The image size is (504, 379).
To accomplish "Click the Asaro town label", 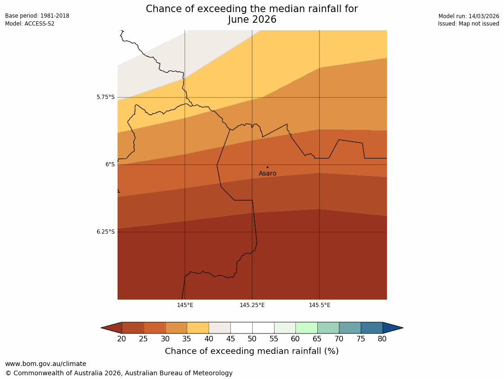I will pyautogui.click(x=268, y=174).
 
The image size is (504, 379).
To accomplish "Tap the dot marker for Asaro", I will pyautogui.click(x=268, y=167).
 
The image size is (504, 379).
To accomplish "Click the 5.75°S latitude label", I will pyautogui.click(x=105, y=97).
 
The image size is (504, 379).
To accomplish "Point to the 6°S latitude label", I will pyautogui.click(x=110, y=164).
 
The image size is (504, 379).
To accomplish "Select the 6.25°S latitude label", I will pyautogui.click(x=105, y=232).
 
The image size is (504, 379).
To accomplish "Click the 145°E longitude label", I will pyautogui.click(x=185, y=305).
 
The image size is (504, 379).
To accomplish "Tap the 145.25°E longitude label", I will pyautogui.click(x=252, y=305).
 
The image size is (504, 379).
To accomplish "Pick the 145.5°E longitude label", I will pyautogui.click(x=320, y=305).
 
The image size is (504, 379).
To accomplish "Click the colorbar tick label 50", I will pyautogui.click(x=252, y=339).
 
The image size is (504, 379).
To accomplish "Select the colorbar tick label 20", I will pyautogui.click(x=122, y=339).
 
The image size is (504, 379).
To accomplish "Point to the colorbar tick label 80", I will pyautogui.click(x=382, y=339).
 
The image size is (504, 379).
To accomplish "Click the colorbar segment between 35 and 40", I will pyautogui.click(x=198, y=328).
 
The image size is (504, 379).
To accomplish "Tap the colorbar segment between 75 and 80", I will pyautogui.click(x=372, y=328).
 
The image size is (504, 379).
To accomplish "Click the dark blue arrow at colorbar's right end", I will pyautogui.click(x=393, y=328).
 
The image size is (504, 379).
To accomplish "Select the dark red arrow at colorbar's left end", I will pyautogui.click(x=111, y=328).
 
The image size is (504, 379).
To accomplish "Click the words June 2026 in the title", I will pyautogui.click(x=252, y=20).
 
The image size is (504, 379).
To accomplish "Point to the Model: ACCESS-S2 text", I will pyautogui.click(x=30, y=24).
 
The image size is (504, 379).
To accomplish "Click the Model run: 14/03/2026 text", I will pyautogui.click(x=469, y=16).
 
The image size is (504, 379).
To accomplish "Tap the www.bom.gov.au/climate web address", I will pyautogui.click(x=46, y=364).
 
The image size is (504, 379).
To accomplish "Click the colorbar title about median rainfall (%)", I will pyautogui.click(x=252, y=351).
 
